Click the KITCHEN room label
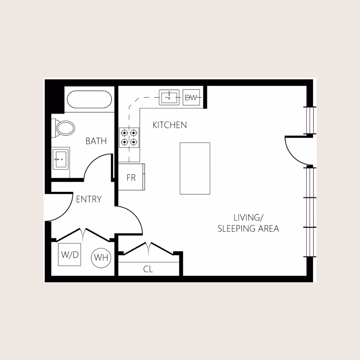coord(170,125)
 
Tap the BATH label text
coord(96,141)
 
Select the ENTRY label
coord(89,199)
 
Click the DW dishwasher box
coord(191,97)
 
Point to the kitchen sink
coord(169,97)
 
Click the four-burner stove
coord(130,137)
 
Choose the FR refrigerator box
coord(131,177)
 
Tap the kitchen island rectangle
coord(195,168)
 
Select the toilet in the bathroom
coord(65,128)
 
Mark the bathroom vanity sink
coord(60,159)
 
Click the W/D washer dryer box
coord(69,255)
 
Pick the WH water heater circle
coord(101,258)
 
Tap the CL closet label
coord(148,269)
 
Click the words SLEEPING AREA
coord(248,229)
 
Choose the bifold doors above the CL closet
coord(149,248)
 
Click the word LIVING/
coord(249,217)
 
